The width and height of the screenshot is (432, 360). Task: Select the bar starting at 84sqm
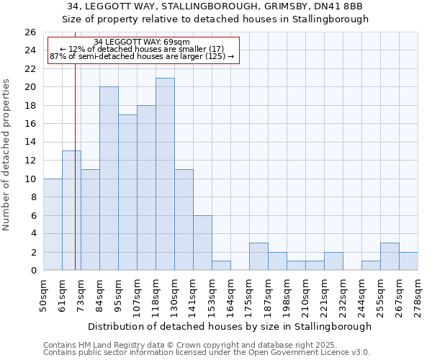(x=109, y=179)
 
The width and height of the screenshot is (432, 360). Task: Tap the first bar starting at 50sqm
(x=53, y=225)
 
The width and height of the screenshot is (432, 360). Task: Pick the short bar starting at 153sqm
(x=221, y=266)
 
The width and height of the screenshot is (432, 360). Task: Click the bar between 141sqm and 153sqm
(x=202, y=243)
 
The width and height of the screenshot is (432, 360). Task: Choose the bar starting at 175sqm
(x=258, y=256)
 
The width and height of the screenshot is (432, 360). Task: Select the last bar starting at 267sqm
(x=408, y=261)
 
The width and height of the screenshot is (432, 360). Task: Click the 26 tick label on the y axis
(x=30, y=32)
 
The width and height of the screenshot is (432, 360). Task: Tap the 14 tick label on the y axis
(x=30, y=142)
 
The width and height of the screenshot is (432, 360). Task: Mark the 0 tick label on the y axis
(x=32, y=271)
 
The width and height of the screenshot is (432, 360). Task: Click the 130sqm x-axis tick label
(x=175, y=294)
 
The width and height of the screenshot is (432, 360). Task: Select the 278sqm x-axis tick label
(x=418, y=294)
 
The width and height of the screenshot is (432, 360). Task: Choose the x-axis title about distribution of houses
(x=230, y=326)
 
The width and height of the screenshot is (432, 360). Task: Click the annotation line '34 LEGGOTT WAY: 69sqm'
(x=142, y=42)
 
